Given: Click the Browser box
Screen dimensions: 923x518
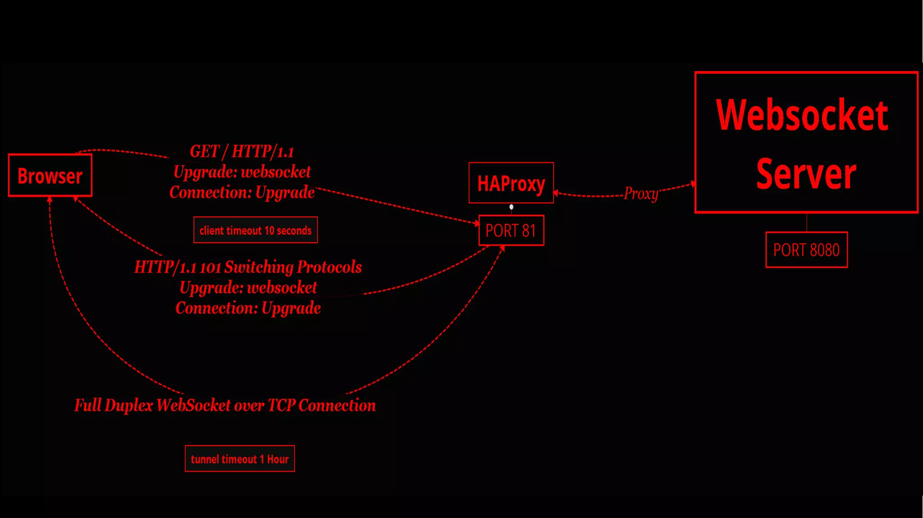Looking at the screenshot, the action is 50,176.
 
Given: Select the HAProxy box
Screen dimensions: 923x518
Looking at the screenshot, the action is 511,183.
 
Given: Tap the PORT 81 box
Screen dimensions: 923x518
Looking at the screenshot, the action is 511,231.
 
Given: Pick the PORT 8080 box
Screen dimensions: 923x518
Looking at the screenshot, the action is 806,250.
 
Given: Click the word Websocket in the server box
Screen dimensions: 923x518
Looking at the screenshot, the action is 802,115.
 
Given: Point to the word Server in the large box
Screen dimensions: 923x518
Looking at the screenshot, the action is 806,174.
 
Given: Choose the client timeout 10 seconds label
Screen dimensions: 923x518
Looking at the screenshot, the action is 256,230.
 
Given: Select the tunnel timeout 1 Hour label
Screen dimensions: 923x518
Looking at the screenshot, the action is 240,459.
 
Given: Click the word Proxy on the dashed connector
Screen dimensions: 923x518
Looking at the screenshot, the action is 641,194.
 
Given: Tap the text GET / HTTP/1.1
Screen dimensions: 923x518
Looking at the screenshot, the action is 242,151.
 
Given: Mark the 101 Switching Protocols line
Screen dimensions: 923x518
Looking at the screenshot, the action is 248,267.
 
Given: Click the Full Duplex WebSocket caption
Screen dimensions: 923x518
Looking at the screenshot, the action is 225,405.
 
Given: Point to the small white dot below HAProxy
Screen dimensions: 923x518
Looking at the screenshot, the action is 511,207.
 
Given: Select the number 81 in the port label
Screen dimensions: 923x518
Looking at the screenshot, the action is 529,231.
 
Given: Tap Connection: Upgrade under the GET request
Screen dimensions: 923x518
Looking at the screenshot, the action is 242,192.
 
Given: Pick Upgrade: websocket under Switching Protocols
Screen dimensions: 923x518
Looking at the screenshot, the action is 248,287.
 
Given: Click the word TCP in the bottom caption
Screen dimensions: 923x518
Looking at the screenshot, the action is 281,405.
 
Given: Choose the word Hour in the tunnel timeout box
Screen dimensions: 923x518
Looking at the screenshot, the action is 278,459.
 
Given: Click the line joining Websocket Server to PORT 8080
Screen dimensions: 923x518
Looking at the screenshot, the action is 807,223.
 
